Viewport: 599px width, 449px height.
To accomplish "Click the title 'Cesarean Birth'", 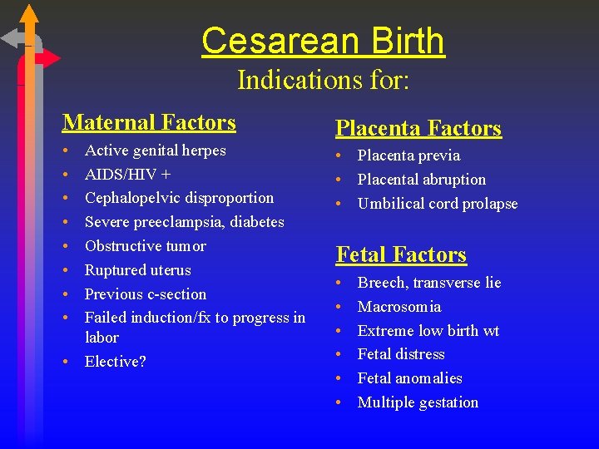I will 323,41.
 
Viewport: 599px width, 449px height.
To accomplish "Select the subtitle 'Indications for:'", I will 323,81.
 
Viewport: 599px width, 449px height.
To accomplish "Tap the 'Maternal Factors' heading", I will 149,122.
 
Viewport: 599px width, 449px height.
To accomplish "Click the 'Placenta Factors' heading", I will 418,128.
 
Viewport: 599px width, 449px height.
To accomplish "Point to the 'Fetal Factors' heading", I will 401,254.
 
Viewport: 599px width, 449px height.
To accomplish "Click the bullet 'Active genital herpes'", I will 156,150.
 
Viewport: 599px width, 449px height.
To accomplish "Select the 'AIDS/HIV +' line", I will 127,175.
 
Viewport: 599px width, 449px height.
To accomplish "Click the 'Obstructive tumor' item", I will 146,246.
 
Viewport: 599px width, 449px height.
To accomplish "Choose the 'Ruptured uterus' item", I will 138,270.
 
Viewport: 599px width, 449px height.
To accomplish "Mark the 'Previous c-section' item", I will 146,294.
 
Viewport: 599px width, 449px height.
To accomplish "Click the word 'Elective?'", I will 116,362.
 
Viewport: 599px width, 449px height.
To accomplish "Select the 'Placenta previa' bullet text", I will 408,155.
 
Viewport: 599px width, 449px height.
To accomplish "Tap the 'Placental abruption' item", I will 422,180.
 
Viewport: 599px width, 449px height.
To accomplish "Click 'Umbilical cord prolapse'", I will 438,204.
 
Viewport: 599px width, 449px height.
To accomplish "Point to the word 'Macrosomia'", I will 399,307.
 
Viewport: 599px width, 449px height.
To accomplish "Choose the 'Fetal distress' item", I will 401,354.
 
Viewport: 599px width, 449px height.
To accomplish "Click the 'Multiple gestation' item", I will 418,402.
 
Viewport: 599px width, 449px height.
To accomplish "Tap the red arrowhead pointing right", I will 51,58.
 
